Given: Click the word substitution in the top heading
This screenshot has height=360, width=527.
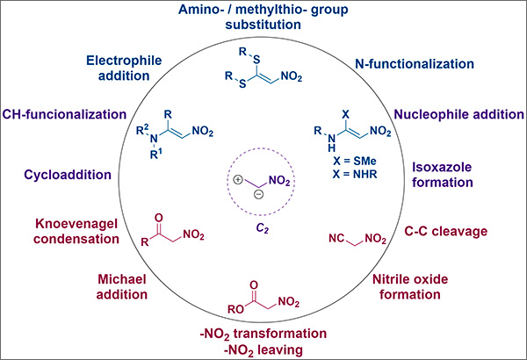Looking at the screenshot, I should click(x=264, y=25).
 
